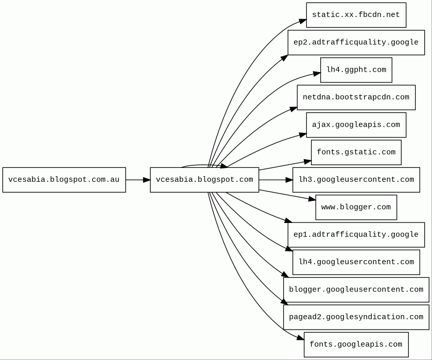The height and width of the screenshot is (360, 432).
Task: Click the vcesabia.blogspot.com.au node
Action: pos(64,180)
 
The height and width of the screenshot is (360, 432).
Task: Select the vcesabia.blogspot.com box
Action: pos(204,180)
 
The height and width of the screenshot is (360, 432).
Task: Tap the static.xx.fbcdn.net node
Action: pos(356,15)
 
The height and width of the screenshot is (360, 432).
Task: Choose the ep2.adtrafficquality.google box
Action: pos(356,42)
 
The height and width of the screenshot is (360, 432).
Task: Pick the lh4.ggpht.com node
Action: pos(356,70)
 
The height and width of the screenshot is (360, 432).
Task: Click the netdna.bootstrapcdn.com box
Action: pos(356,97)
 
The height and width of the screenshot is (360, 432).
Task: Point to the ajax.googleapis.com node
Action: pos(356,125)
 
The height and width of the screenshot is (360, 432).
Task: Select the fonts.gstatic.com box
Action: pos(356,152)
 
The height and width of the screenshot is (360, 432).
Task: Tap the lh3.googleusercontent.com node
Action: pos(356,180)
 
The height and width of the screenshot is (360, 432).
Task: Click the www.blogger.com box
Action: pos(356,207)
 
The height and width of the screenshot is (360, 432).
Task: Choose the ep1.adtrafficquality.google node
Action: pos(356,235)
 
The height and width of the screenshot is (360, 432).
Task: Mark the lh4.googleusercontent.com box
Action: pos(356,262)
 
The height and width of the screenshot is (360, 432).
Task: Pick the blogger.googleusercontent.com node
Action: pos(356,290)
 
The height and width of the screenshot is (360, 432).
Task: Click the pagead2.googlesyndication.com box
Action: pos(356,317)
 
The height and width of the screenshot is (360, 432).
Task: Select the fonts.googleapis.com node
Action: pos(356,345)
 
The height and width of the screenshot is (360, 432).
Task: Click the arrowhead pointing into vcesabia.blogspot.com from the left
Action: pos(147,180)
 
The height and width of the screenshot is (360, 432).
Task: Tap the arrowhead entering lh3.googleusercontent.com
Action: pos(289,180)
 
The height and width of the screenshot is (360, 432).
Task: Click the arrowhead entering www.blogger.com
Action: pos(312,198)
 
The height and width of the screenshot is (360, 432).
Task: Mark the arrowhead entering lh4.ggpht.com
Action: pos(317,74)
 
